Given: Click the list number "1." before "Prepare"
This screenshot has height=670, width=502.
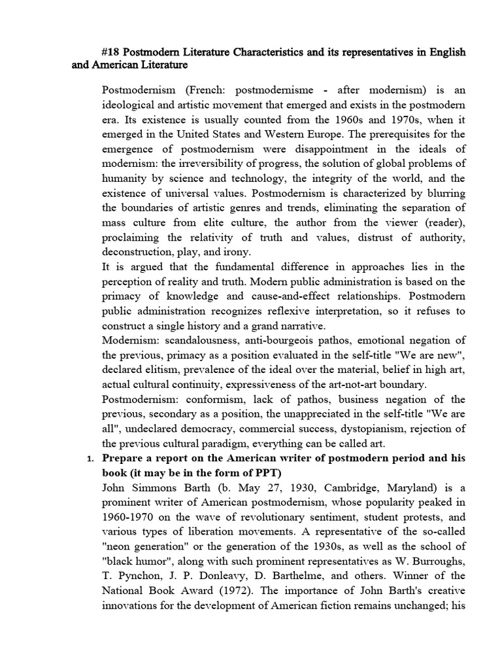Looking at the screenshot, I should point(91,459).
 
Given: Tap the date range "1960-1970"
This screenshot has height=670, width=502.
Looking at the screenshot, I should point(129,518).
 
